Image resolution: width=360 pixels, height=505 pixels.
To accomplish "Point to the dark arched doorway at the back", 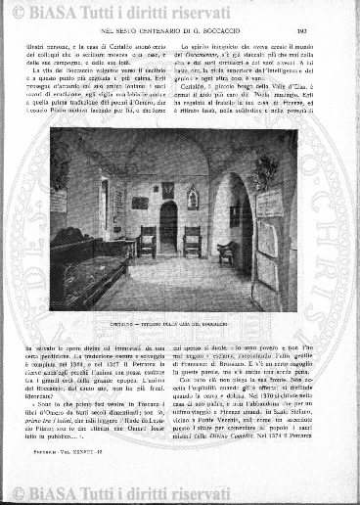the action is coord(169,225).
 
